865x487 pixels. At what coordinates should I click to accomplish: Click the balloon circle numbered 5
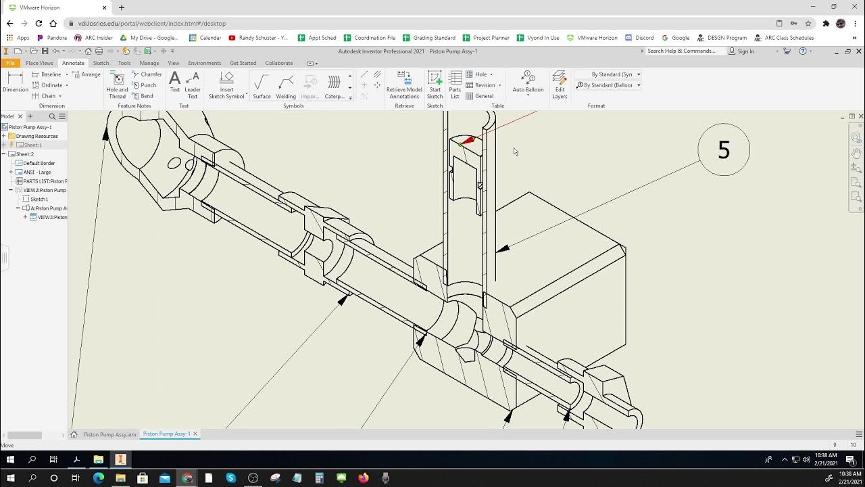[x=723, y=149]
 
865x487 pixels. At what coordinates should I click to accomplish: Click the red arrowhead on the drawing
[x=468, y=141]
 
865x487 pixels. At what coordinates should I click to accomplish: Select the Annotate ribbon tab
[x=73, y=63]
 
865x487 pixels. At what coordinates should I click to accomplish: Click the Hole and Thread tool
[x=117, y=85]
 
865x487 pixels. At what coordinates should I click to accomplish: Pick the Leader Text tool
[x=193, y=85]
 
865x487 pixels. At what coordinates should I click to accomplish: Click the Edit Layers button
[x=560, y=85]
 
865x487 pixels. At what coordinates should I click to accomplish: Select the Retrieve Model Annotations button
[x=404, y=85]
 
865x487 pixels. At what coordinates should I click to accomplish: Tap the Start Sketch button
[x=435, y=85]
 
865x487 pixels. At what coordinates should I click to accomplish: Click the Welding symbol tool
[x=286, y=86]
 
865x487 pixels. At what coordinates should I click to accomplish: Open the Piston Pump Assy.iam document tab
[x=109, y=434]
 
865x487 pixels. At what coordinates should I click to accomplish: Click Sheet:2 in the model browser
[x=24, y=154]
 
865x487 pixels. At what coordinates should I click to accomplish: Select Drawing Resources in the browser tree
[x=36, y=136]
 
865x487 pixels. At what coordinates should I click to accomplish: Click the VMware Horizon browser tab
[x=54, y=7]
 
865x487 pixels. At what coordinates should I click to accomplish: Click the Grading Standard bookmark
[x=433, y=38]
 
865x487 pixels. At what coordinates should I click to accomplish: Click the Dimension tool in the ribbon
[x=15, y=82]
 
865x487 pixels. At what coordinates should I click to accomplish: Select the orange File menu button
[x=10, y=63]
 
